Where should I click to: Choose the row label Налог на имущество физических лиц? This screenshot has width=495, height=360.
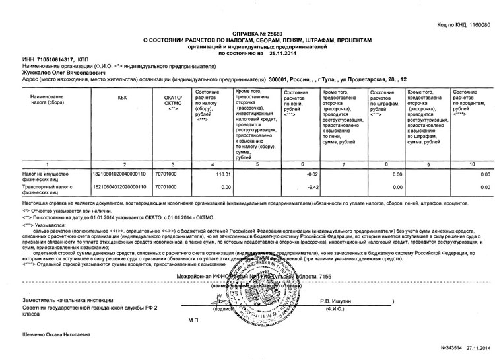pos(40,157)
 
